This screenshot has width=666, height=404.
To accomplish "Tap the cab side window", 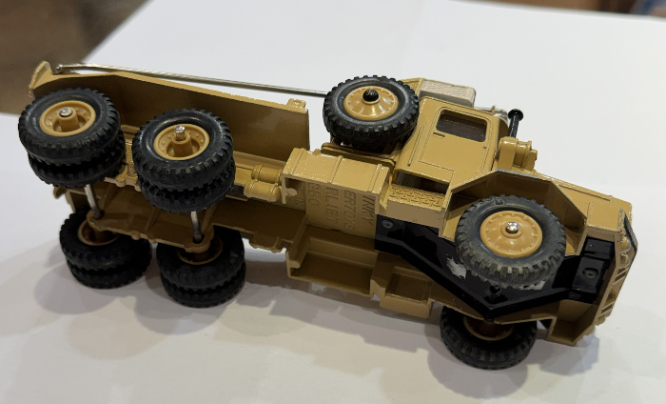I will tap(460, 126).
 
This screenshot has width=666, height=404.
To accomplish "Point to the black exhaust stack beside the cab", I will tap(515, 121).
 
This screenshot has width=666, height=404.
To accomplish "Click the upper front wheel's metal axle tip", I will tap(512, 229).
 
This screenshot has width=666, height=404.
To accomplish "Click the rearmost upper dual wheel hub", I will tap(67, 116).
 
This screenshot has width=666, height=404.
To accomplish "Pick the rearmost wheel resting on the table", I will tap(102, 253).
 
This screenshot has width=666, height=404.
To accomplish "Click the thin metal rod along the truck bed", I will tap(181, 80).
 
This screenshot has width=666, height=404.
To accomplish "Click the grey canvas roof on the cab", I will tap(447, 93).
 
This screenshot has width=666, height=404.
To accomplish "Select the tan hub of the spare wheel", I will tap(371, 102).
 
